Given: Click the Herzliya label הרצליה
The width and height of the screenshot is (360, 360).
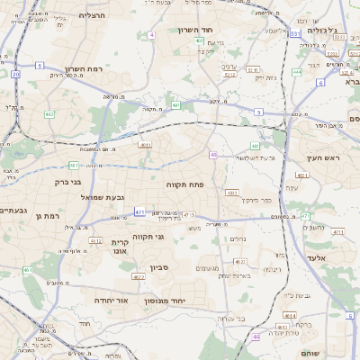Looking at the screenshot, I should coord(93,15).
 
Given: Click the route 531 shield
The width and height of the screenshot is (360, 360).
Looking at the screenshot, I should coord(295,33).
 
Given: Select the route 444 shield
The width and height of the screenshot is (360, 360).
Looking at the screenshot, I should coord(297,71).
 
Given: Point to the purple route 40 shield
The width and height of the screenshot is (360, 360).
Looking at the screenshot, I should coord(213,156).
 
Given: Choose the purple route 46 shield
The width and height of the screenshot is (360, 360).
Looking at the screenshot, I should coord(256,337).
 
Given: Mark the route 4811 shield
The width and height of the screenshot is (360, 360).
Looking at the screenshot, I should coord(231,192).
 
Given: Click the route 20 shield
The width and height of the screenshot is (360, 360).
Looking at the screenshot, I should coord(15,75).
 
